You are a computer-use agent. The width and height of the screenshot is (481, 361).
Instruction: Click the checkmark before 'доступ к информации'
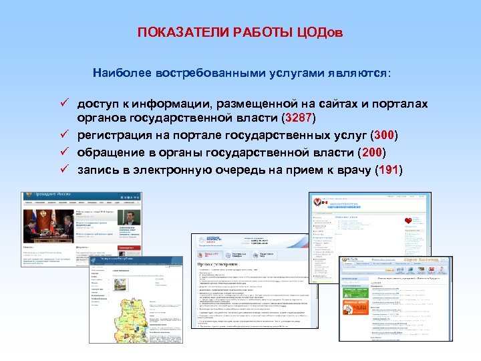pos(65,104)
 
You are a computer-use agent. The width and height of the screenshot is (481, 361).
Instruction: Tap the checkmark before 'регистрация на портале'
pos(65,135)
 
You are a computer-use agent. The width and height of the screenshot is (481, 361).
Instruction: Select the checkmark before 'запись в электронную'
pos(65,169)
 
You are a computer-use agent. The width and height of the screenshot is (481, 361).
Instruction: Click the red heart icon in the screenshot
pos(408,221)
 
